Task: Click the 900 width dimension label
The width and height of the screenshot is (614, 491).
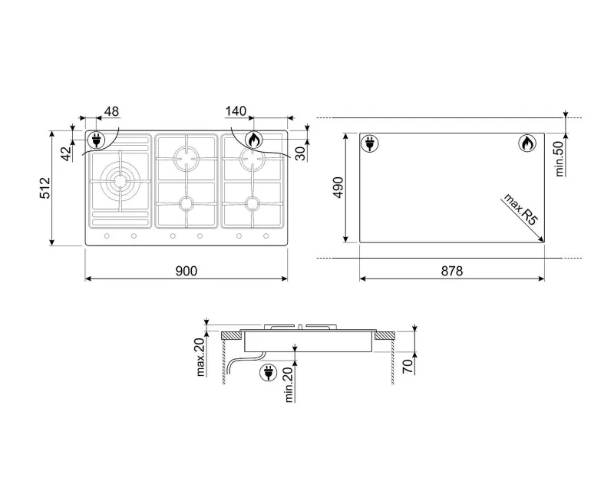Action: [x=187, y=271]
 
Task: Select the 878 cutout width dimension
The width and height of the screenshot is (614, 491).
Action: [x=452, y=271]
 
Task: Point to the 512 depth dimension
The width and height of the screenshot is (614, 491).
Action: [x=45, y=188]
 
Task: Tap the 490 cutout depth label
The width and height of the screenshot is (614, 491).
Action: [x=338, y=187]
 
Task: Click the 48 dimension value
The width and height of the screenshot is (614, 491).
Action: [x=111, y=111]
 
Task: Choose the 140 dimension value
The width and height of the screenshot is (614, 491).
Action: [x=236, y=111]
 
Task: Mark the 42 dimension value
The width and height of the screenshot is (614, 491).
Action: [x=67, y=153]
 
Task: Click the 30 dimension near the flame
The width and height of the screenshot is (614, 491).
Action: [x=300, y=153]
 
